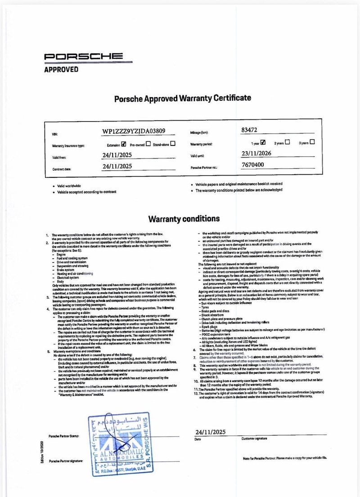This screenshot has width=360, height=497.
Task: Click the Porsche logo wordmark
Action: click(x=83, y=57)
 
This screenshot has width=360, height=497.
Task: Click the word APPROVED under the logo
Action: click(x=61, y=69)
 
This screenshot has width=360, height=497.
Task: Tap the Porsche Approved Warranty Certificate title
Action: click(x=182, y=98)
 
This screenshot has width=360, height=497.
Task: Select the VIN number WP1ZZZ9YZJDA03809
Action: click(x=134, y=131)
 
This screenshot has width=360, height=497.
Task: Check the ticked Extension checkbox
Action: click(x=123, y=145)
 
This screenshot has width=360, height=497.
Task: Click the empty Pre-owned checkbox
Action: click(x=148, y=145)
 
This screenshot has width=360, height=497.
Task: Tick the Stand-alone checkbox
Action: click(x=173, y=144)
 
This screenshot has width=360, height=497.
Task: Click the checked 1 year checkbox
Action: click(x=263, y=143)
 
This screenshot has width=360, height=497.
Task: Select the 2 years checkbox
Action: click(x=288, y=143)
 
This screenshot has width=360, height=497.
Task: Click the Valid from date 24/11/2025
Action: click(x=117, y=155)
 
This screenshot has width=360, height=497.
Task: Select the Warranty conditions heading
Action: click(x=184, y=219)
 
